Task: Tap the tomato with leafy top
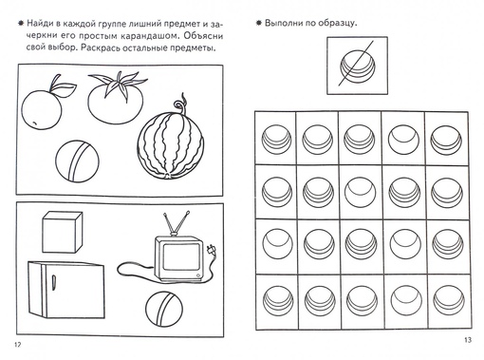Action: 116,98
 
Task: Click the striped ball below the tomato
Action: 77,161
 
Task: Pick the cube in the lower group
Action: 63,232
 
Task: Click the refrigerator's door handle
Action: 54,282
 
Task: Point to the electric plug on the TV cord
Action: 211,251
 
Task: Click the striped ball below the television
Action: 164,309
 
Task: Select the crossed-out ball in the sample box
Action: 358,67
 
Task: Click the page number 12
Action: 17,345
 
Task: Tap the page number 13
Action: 468,340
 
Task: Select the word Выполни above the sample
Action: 281,23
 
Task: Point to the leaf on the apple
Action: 65,86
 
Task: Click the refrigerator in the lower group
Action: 66,290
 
